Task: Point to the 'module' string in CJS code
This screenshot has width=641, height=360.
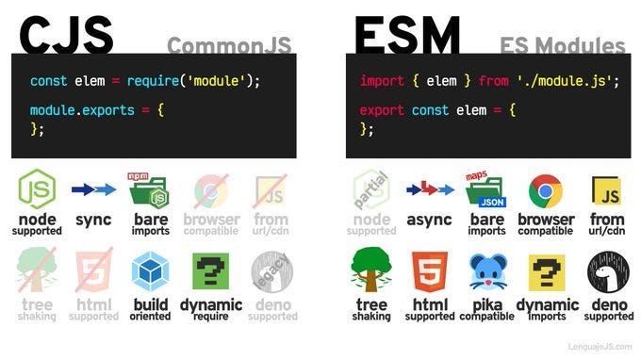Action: tap(217, 81)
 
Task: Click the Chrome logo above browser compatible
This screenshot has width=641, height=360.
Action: tap(546, 191)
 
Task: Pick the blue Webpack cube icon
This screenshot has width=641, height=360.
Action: tap(150, 270)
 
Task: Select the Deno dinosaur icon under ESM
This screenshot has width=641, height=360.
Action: tap(605, 270)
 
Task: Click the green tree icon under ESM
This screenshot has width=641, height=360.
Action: tap(370, 270)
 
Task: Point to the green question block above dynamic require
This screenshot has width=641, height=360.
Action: tap(211, 270)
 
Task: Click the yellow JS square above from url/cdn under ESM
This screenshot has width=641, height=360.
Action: tap(605, 191)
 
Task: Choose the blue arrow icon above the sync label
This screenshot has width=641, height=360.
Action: tap(93, 190)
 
